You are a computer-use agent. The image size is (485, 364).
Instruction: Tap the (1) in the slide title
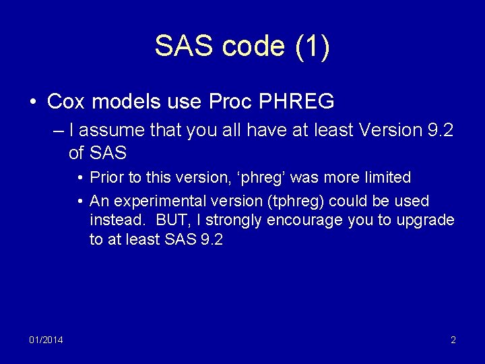click(x=312, y=47)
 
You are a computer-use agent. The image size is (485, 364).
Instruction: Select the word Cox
click(x=65, y=102)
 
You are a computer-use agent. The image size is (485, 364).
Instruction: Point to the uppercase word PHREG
click(x=297, y=102)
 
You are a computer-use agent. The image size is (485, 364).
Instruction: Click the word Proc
click(x=229, y=102)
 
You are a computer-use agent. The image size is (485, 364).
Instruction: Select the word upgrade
click(x=427, y=220)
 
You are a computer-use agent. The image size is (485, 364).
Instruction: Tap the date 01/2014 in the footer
click(x=46, y=340)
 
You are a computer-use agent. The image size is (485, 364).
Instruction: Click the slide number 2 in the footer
click(x=453, y=340)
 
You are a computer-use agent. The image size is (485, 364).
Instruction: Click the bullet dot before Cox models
click(x=32, y=102)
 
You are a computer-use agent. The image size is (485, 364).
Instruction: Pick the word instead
click(x=112, y=220)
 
